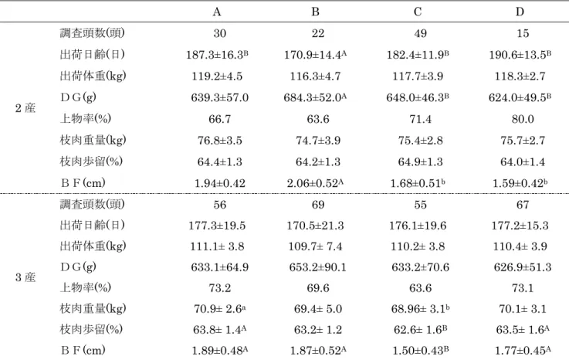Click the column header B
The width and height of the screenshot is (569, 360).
[x=315, y=12]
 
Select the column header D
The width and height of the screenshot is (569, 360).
[x=520, y=12]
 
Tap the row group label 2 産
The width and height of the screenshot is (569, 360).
[x=25, y=108]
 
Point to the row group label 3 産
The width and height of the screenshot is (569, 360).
[x=25, y=277]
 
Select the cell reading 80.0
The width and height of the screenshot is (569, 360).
[x=523, y=119]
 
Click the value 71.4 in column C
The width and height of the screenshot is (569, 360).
[x=420, y=119]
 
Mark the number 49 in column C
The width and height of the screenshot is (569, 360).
[x=420, y=33]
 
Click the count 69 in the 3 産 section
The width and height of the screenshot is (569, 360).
[x=318, y=205]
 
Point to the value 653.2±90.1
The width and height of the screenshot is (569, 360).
[x=318, y=267]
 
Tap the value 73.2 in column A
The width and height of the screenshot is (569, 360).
[x=219, y=288]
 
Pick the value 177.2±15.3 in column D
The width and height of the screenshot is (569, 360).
[x=520, y=226]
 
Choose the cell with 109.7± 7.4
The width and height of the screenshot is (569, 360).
[x=315, y=246]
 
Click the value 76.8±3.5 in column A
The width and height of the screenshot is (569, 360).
[x=219, y=141]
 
